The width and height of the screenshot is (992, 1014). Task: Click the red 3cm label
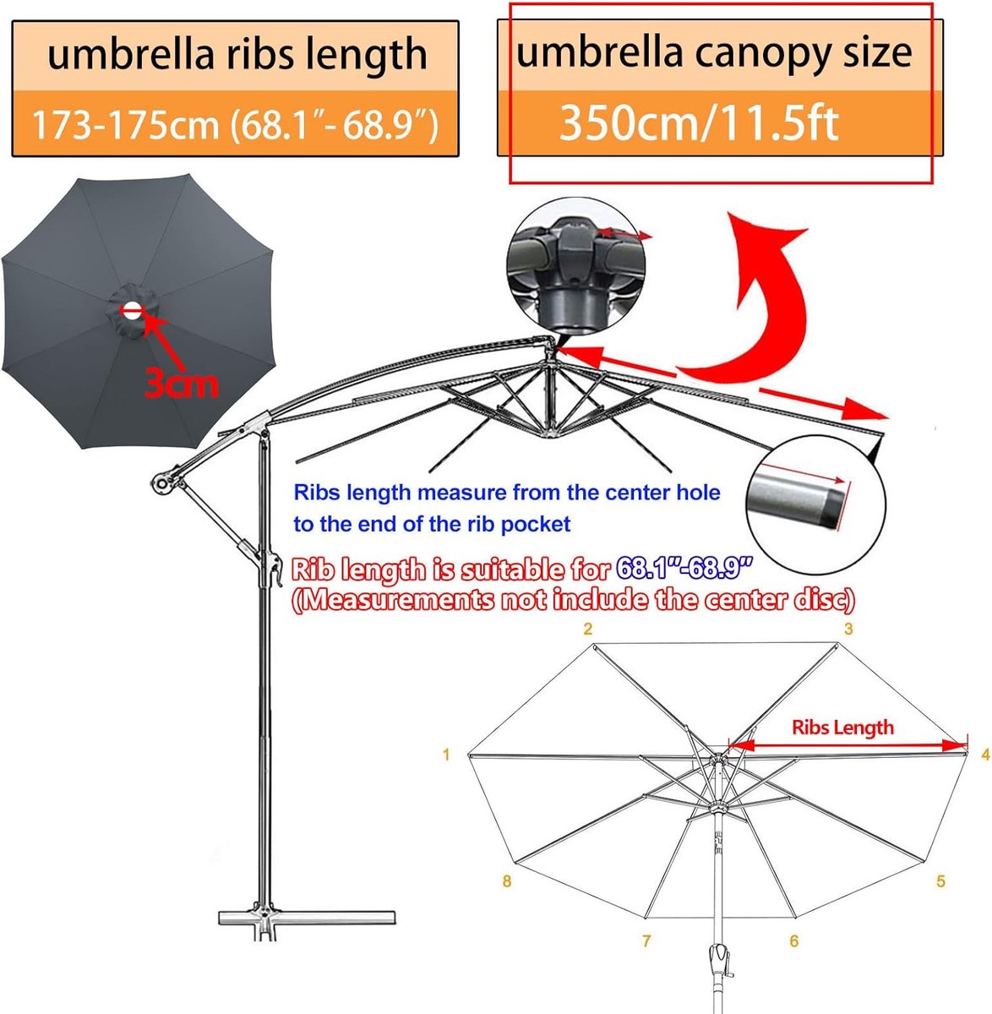pyautogui.click(x=181, y=384)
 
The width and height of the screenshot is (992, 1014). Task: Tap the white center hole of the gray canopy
pyautogui.click(x=133, y=311)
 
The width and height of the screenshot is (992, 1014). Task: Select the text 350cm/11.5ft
pyautogui.click(x=699, y=123)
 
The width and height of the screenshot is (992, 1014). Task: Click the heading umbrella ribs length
pyautogui.click(x=237, y=54)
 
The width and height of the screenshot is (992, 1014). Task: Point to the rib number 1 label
pyautogui.click(x=446, y=755)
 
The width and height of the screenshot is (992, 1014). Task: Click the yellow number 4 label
pyautogui.click(x=985, y=755)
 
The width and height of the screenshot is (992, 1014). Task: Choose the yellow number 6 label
pyautogui.click(x=794, y=940)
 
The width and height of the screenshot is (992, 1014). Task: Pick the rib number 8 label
pyautogui.click(x=506, y=880)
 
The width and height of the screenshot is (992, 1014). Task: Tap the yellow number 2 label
pyautogui.click(x=588, y=629)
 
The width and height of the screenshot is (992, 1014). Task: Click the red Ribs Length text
pyautogui.click(x=842, y=728)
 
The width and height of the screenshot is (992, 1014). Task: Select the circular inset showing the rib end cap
pyautogui.click(x=816, y=505)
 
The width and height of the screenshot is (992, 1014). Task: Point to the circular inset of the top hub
pyautogui.click(x=575, y=265)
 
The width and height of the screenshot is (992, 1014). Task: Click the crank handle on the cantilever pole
pyautogui.click(x=275, y=571)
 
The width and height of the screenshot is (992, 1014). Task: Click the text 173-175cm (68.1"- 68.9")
pyautogui.click(x=235, y=126)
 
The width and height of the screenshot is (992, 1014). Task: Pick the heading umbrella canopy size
pyautogui.click(x=713, y=52)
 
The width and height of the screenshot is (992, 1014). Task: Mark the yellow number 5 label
pyautogui.click(x=940, y=880)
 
